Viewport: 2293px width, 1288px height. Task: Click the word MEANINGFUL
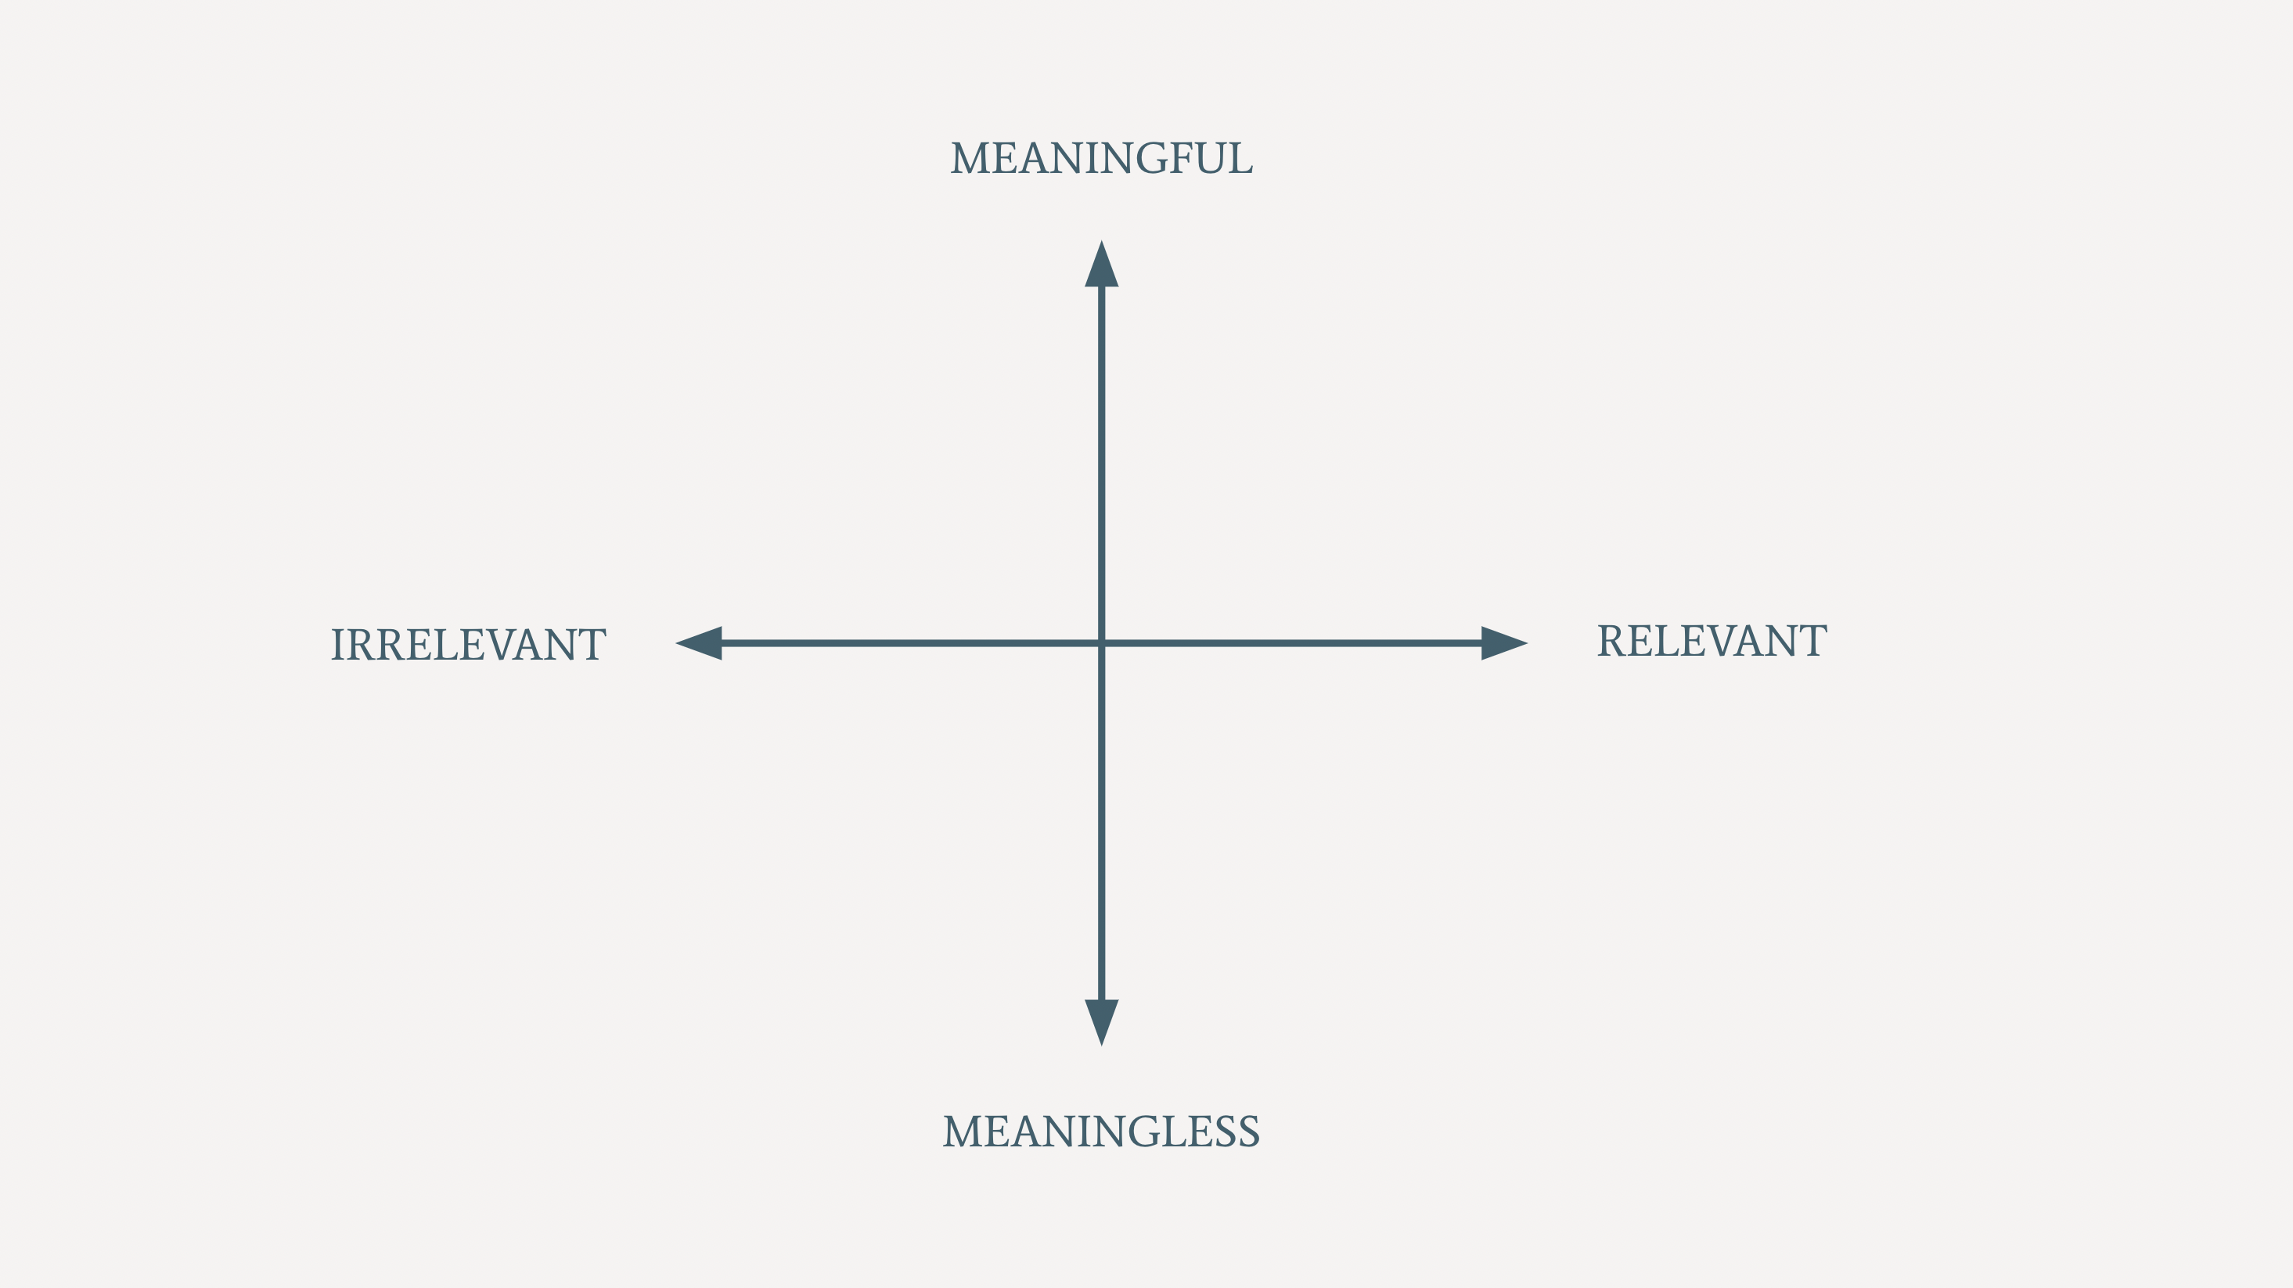(x=1101, y=158)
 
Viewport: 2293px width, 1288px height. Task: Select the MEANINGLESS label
(x=1101, y=1131)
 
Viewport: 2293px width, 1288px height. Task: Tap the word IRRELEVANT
(x=468, y=645)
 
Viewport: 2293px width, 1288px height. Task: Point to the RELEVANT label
(x=1711, y=641)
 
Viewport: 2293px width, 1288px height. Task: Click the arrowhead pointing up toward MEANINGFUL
(x=1101, y=266)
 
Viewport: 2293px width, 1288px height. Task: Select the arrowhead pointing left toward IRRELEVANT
(x=700, y=642)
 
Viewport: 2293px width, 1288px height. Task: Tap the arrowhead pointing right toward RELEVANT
(x=1503, y=642)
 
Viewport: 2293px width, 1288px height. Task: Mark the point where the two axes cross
(x=1101, y=642)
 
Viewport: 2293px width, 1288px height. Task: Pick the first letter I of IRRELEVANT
(x=337, y=645)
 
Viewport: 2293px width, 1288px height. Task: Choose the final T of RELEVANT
(x=1812, y=641)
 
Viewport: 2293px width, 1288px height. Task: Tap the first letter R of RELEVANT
(x=1612, y=641)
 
